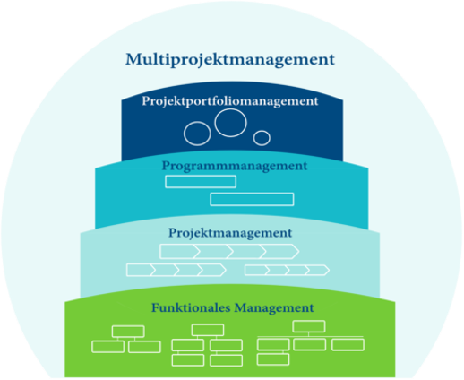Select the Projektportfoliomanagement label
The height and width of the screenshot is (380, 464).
click(230, 101)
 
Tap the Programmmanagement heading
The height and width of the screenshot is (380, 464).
click(235, 166)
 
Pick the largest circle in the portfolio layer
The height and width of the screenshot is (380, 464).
click(229, 125)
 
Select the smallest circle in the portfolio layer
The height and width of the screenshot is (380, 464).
click(262, 137)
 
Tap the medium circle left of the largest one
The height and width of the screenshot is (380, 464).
click(197, 134)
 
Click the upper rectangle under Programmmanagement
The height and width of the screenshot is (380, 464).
click(201, 182)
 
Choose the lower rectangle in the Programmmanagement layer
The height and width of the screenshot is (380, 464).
click(252, 199)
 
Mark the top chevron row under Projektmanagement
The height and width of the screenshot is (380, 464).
click(228, 250)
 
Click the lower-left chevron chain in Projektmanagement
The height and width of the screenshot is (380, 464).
click(176, 270)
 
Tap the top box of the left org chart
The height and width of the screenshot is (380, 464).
click(128, 331)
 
